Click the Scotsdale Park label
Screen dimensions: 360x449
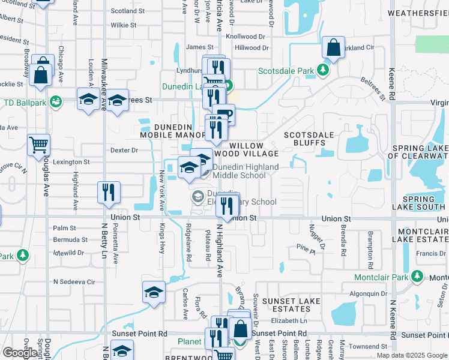[x=286, y=71]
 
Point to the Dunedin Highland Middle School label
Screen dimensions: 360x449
[x=246, y=171]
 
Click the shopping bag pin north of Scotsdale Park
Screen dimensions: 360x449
[x=333, y=47]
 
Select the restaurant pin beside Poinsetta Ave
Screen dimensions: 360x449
[x=109, y=192]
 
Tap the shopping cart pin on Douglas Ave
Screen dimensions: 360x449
[x=38, y=144]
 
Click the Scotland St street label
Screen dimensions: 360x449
[x=128, y=11]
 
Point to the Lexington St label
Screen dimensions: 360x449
[x=71, y=162]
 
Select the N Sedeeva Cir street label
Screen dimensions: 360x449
[x=74, y=281]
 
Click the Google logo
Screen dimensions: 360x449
[x=20, y=353]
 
